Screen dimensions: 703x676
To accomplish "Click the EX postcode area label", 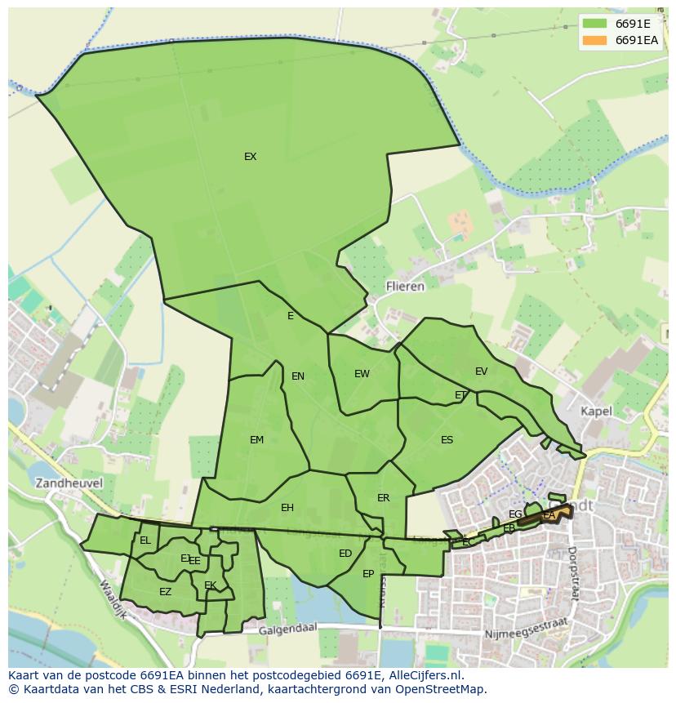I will pyautogui.click(x=250, y=157).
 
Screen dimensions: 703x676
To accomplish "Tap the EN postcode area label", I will pyautogui.click(x=298, y=376).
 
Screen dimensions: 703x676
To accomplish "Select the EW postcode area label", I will pyautogui.click(x=362, y=374).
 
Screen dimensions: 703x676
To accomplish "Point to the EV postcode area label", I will pyautogui.click(x=481, y=372).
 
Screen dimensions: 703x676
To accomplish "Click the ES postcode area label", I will pyautogui.click(x=447, y=440).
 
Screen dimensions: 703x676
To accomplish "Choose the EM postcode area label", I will pyautogui.click(x=256, y=440).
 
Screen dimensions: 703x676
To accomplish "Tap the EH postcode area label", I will pyautogui.click(x=287, y=508).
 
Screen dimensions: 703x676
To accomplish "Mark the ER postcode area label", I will pyautogui.click(x=383, y=498).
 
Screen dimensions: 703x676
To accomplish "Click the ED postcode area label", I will pyautogui.click(x=345, y=554).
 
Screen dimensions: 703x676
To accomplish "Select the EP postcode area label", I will pyautogui.click(x=368, y=574).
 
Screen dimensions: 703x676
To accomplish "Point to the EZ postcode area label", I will pyautogui.click(x=165, y=592).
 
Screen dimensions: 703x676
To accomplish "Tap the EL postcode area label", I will pyautogui.click(x=145, y=541).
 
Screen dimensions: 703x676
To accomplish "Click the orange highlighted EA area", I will pyautogui.click(x=552, y=514).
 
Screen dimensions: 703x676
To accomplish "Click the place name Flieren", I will pyautogui.click(x=405, y=287).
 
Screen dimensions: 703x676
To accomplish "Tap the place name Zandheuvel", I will pyautogui.click(x=69, y=483).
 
